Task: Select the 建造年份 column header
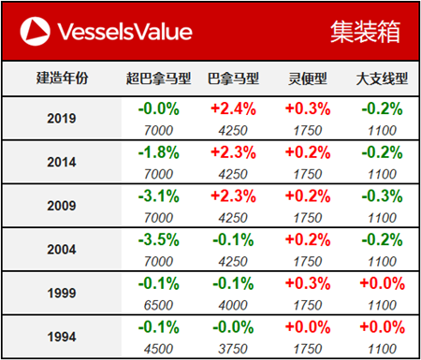[x=60, y=79]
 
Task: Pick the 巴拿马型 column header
[x=232, y=79]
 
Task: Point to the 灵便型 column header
[x=307, y=79]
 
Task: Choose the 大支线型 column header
[x=380, y=79]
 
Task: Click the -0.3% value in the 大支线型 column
[x=381, y=196]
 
